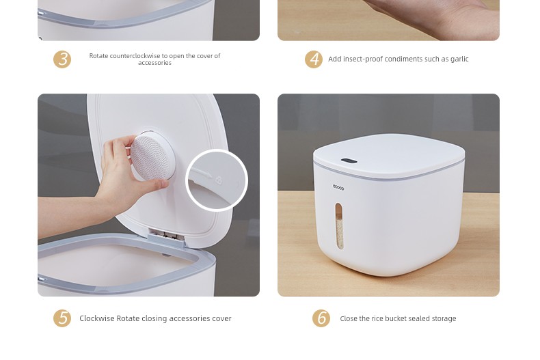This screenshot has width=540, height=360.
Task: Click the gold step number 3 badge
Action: pyautogui.click(x=62, y=59)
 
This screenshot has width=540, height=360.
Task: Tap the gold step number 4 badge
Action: pyautogui.click(x=314, y=59)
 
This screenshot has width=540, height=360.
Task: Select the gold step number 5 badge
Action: pyautogui.click(x=62, y=318)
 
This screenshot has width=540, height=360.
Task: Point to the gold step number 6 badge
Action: pyautogui.click(x=321, y=318)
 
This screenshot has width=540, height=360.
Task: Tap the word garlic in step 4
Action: pyautogui.click(x=459, y=59)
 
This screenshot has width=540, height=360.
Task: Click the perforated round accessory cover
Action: pyautogui.click(x=152, y=157)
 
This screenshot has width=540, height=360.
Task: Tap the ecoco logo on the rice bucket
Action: pyautogui.click(x=338, y=188)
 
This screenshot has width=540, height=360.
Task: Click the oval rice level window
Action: pyautogui.click(x=339, y=226)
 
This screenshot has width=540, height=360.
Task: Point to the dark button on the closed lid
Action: pyautogui.click(x=349, y=161)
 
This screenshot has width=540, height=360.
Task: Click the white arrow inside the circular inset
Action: pyautogui.click(x=202, y=172)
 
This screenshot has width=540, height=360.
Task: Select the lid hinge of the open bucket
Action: pyautogui.click(x=166, y=236)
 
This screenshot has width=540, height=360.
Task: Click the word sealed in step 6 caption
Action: pyautogui.click(x=417, y=319)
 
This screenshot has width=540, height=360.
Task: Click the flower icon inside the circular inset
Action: pyautogui.click(x=219, y=180)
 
